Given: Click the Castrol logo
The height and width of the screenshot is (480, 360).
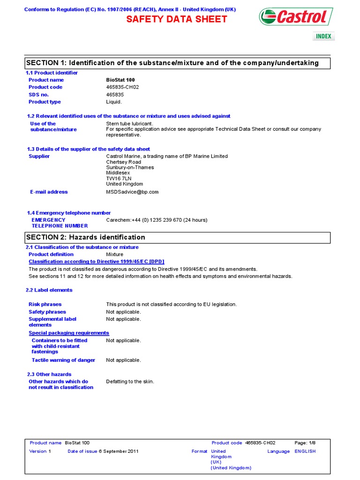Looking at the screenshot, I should coord(296,17).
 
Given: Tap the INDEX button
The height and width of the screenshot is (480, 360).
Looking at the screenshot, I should coord(323,36).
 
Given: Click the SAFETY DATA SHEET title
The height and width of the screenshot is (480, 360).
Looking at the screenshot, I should coord(177,19).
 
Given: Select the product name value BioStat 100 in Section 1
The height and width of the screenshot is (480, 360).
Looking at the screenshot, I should coord(120,80).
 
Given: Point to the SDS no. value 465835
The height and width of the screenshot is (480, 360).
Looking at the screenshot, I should coord(115,95).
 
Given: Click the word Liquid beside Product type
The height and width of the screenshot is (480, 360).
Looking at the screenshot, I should coord(114,102).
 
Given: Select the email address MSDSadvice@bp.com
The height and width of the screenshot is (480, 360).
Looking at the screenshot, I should coord(132,192).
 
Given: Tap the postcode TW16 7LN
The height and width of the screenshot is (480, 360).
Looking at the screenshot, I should coord(119,179).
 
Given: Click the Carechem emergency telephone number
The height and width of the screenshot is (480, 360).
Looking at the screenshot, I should coord(157,220).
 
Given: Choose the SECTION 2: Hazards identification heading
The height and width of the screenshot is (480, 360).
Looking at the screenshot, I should coord(86,237).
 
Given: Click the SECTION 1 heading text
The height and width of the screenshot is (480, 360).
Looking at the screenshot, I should coord(172,63).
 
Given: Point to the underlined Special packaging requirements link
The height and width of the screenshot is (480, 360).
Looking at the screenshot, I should coord(69,333).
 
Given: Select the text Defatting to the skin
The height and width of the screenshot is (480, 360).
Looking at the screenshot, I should coord(130,382).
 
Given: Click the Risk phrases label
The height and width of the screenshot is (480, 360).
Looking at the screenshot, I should coord(45,304).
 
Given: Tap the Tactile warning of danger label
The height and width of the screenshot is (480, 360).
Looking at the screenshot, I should coord(63,360).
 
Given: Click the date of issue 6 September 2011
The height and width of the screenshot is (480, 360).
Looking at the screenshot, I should coord(118,451).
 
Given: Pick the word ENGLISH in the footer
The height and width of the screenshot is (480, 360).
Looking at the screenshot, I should coord(305,451).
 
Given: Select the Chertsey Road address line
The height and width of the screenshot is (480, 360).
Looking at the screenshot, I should coord(123,162).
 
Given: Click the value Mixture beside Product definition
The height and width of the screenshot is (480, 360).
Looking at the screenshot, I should coord(115,255).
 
